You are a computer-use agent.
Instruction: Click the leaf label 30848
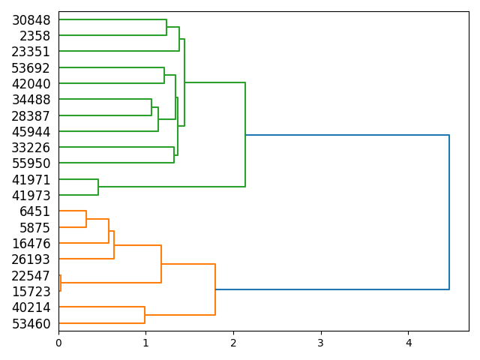tap(31, 20)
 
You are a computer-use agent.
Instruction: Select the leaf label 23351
tap(31, 52)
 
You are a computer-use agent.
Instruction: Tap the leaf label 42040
tap(31, 84)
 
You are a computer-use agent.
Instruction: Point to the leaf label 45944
tap(31, 132)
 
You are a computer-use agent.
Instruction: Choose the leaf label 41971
tap(31, 180)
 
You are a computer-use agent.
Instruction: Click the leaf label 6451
tap(34, 211)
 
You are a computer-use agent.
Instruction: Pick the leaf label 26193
tap(31, 259)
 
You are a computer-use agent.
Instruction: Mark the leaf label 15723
tap(31, 292)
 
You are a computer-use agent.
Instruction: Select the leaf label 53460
tap(31, 324)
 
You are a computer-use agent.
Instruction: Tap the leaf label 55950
tap(31, 163)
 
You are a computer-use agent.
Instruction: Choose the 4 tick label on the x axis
tap(409, 343)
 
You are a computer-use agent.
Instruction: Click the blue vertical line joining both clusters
tap(449, 212)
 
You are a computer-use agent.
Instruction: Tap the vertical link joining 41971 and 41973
tap(98, 187)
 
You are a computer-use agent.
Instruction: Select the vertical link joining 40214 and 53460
tap(145, 315)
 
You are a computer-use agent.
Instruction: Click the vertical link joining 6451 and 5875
tap(86, 219)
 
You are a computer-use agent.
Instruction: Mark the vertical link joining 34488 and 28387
tap(151, 108)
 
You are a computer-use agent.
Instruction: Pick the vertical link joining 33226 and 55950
tap(174, 155)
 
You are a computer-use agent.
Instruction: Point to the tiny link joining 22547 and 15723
tap(61, 283)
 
